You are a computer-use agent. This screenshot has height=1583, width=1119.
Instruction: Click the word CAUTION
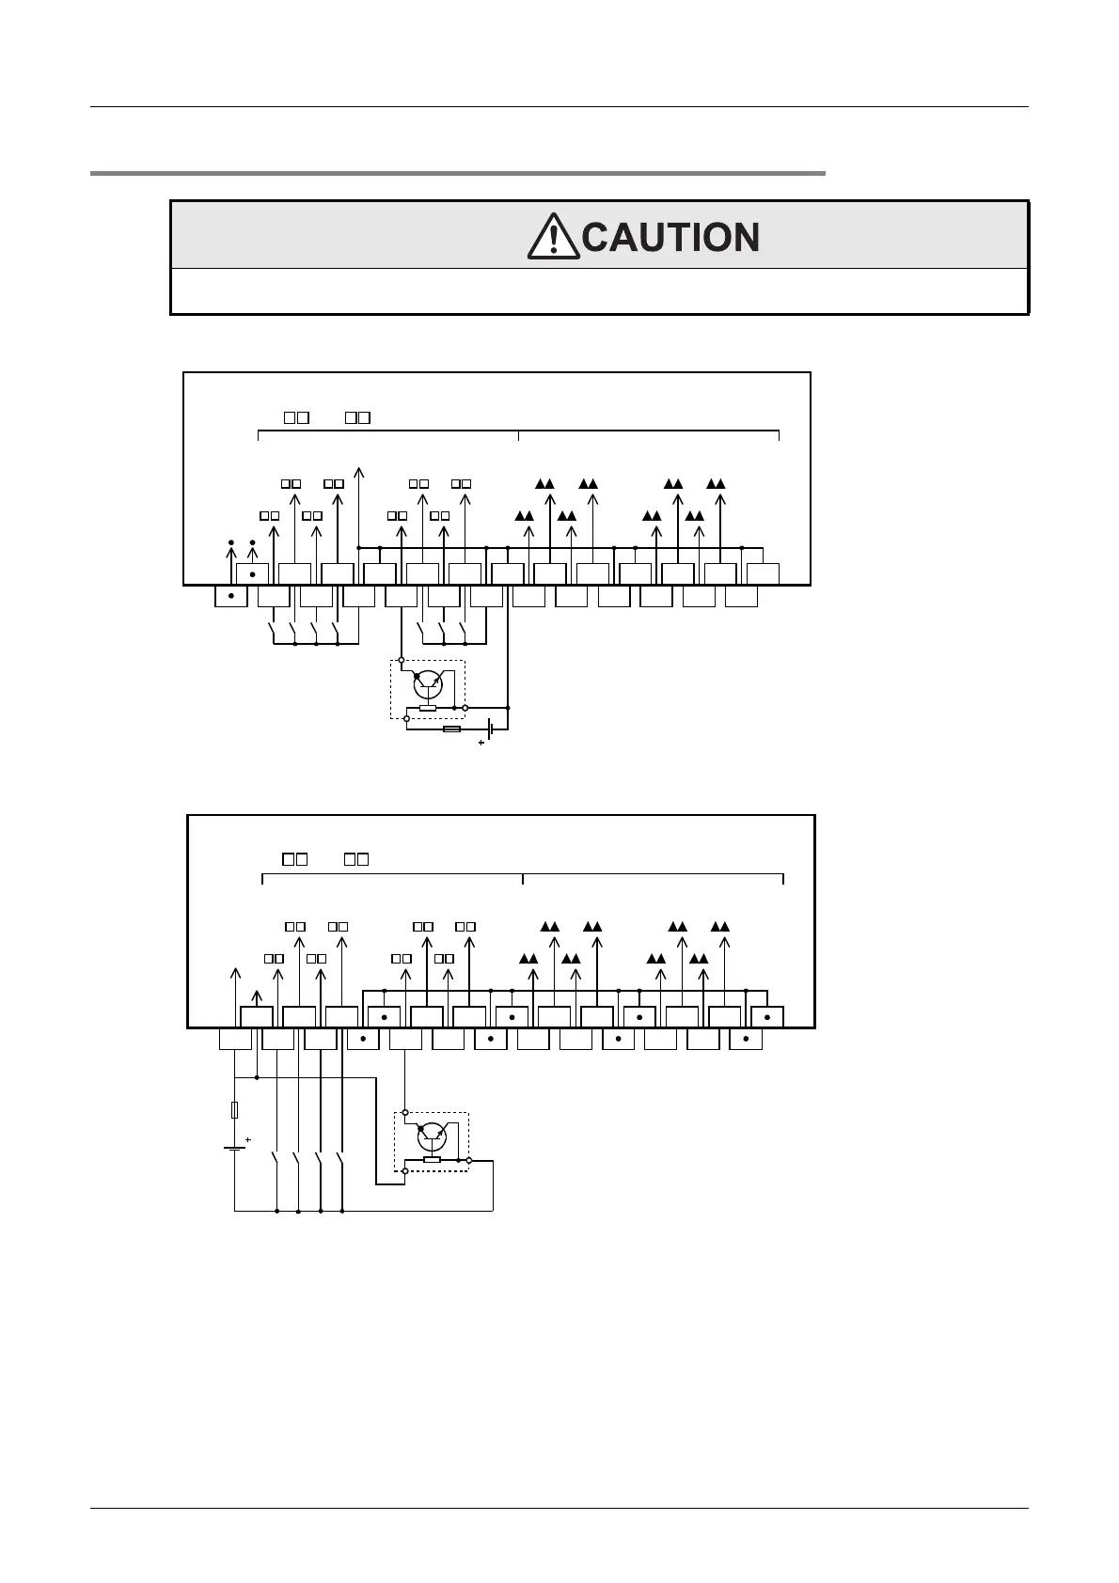tap(670, 237)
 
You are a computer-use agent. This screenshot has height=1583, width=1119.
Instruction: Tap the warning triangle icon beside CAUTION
tap(554, 237)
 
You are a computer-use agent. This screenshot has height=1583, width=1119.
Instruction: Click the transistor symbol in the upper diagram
tap(428, 684)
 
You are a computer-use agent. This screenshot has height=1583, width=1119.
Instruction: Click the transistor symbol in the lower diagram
tap(432, 1136)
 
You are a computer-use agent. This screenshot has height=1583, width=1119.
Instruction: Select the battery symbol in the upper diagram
tap(490, 729)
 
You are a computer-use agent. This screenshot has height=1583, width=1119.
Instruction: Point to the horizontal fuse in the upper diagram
tap(451, 729)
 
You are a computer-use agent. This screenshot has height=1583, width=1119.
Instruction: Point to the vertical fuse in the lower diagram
tap(234, 1109)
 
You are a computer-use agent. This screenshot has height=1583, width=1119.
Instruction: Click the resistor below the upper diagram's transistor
tap(428, 708)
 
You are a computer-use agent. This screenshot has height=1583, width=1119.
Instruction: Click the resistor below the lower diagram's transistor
tap(432, 1160)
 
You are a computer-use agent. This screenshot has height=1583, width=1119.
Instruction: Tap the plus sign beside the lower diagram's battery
tap(248, 1139)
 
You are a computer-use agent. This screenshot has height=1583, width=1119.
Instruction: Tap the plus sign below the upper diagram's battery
tap(481, 743)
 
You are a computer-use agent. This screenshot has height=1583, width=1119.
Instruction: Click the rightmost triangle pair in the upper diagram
tap(716, 483)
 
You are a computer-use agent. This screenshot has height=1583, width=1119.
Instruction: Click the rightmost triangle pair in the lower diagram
tap(719, 926)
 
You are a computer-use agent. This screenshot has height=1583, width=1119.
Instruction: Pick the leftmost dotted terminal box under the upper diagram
tap(231, 596)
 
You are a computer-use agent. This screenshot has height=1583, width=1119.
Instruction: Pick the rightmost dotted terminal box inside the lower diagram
tap(767, 1017)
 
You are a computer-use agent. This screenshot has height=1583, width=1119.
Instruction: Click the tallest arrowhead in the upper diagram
tap(358, 469)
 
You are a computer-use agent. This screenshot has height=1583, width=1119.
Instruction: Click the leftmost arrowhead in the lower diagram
tap(234, 971)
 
